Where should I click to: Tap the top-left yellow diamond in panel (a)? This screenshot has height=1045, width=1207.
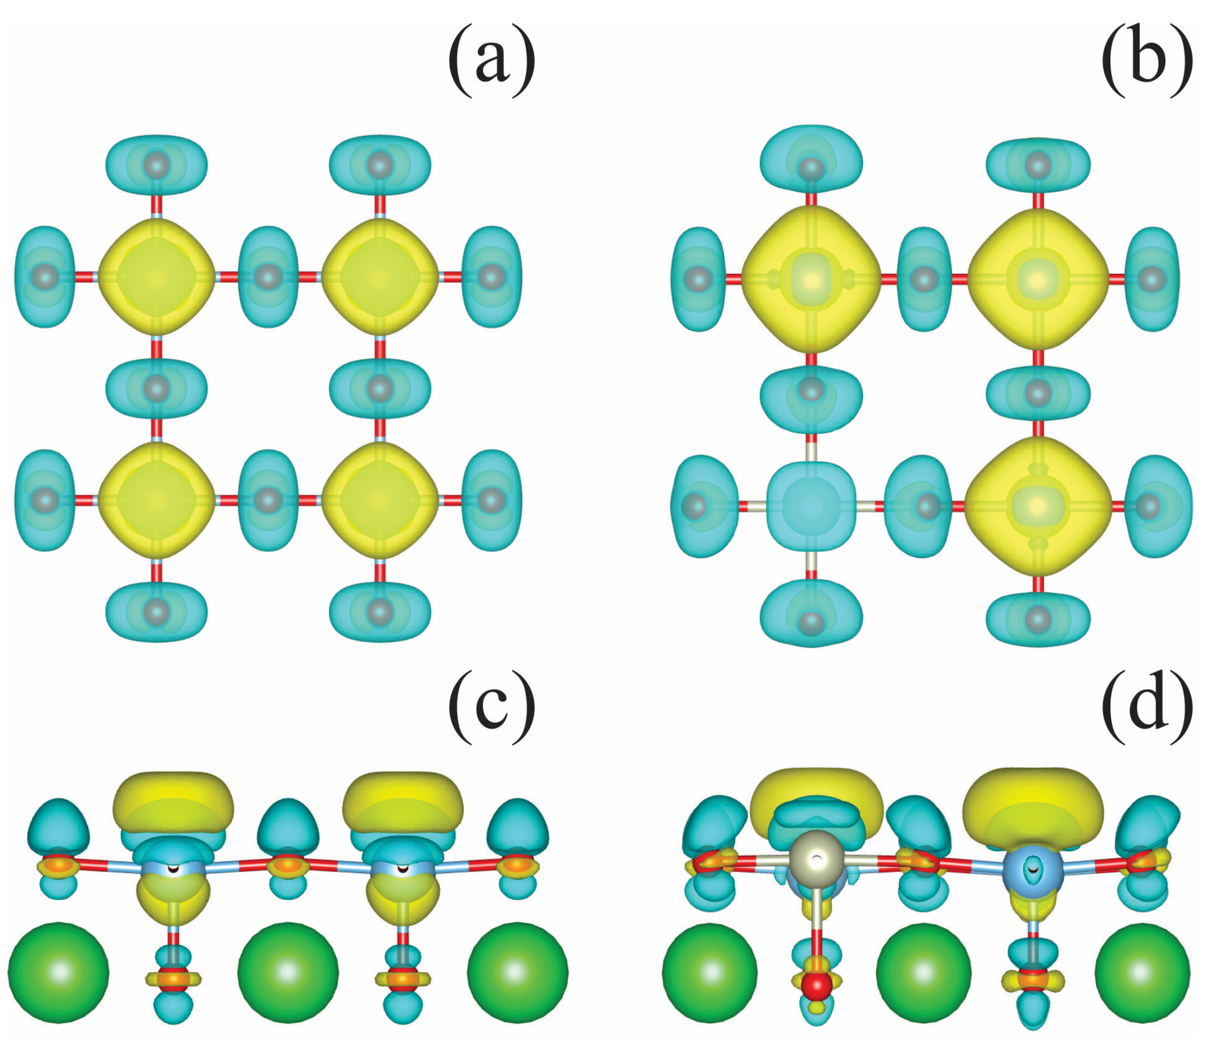coord(156,277)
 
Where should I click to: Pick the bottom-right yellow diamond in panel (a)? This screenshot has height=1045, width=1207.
coord(380,500)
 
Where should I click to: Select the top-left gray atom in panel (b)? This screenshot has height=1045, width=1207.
coord(811,169)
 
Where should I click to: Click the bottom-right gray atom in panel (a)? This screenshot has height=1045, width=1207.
coord(380,612)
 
